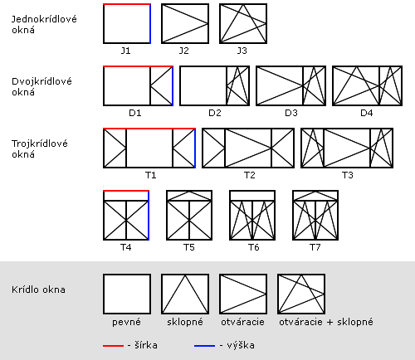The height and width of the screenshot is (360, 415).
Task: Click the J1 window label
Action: coord(125,51)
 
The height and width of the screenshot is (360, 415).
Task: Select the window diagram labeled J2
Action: coord(185,23)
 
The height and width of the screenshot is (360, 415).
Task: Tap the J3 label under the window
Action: coord(242,51)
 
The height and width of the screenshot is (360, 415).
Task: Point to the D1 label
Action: coord(135,113)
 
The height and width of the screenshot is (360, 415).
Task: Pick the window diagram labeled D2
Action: coord(214,85)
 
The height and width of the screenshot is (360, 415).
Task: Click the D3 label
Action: coord(291,113)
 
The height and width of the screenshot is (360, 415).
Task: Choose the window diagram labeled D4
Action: coord(367,85)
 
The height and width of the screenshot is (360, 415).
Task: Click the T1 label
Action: coord(151,175)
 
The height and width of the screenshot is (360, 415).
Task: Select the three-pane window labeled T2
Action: coord(248,148)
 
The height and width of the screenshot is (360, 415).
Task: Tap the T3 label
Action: coord(348,175)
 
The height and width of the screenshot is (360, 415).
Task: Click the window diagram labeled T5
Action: coord(189,215)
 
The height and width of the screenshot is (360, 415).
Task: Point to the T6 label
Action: coord(253,247)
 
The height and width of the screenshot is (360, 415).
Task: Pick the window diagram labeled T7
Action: coord(315,215)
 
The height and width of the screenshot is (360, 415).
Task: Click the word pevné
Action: coord(126,322)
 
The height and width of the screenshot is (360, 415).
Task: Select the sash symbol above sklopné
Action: coord(185,294)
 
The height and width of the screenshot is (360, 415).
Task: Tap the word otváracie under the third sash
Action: coord(242,322)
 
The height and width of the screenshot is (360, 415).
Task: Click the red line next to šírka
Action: coord(113,346)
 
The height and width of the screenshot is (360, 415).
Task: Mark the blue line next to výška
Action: coord(204,346)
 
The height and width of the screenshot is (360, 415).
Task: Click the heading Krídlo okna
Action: coord(38,289)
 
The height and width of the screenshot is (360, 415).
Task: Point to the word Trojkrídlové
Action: coord(40,144)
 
